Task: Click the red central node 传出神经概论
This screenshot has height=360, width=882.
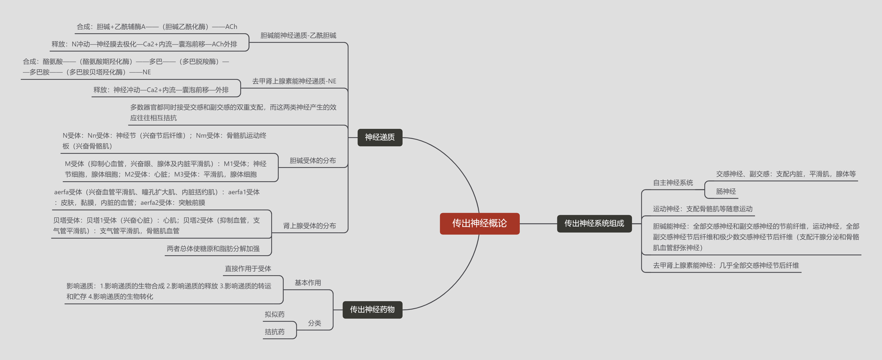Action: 479,223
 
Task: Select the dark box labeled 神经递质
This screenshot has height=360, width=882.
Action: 380,137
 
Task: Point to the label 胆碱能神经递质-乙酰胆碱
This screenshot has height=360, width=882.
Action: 298,36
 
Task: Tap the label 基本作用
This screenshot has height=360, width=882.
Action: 308,283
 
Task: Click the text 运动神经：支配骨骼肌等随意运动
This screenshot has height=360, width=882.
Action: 703,209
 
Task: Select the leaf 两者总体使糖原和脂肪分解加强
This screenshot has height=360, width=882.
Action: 213,249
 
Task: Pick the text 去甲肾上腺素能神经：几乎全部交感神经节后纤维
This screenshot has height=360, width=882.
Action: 726,265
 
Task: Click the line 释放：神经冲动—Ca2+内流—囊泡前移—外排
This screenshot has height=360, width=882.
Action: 161,90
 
